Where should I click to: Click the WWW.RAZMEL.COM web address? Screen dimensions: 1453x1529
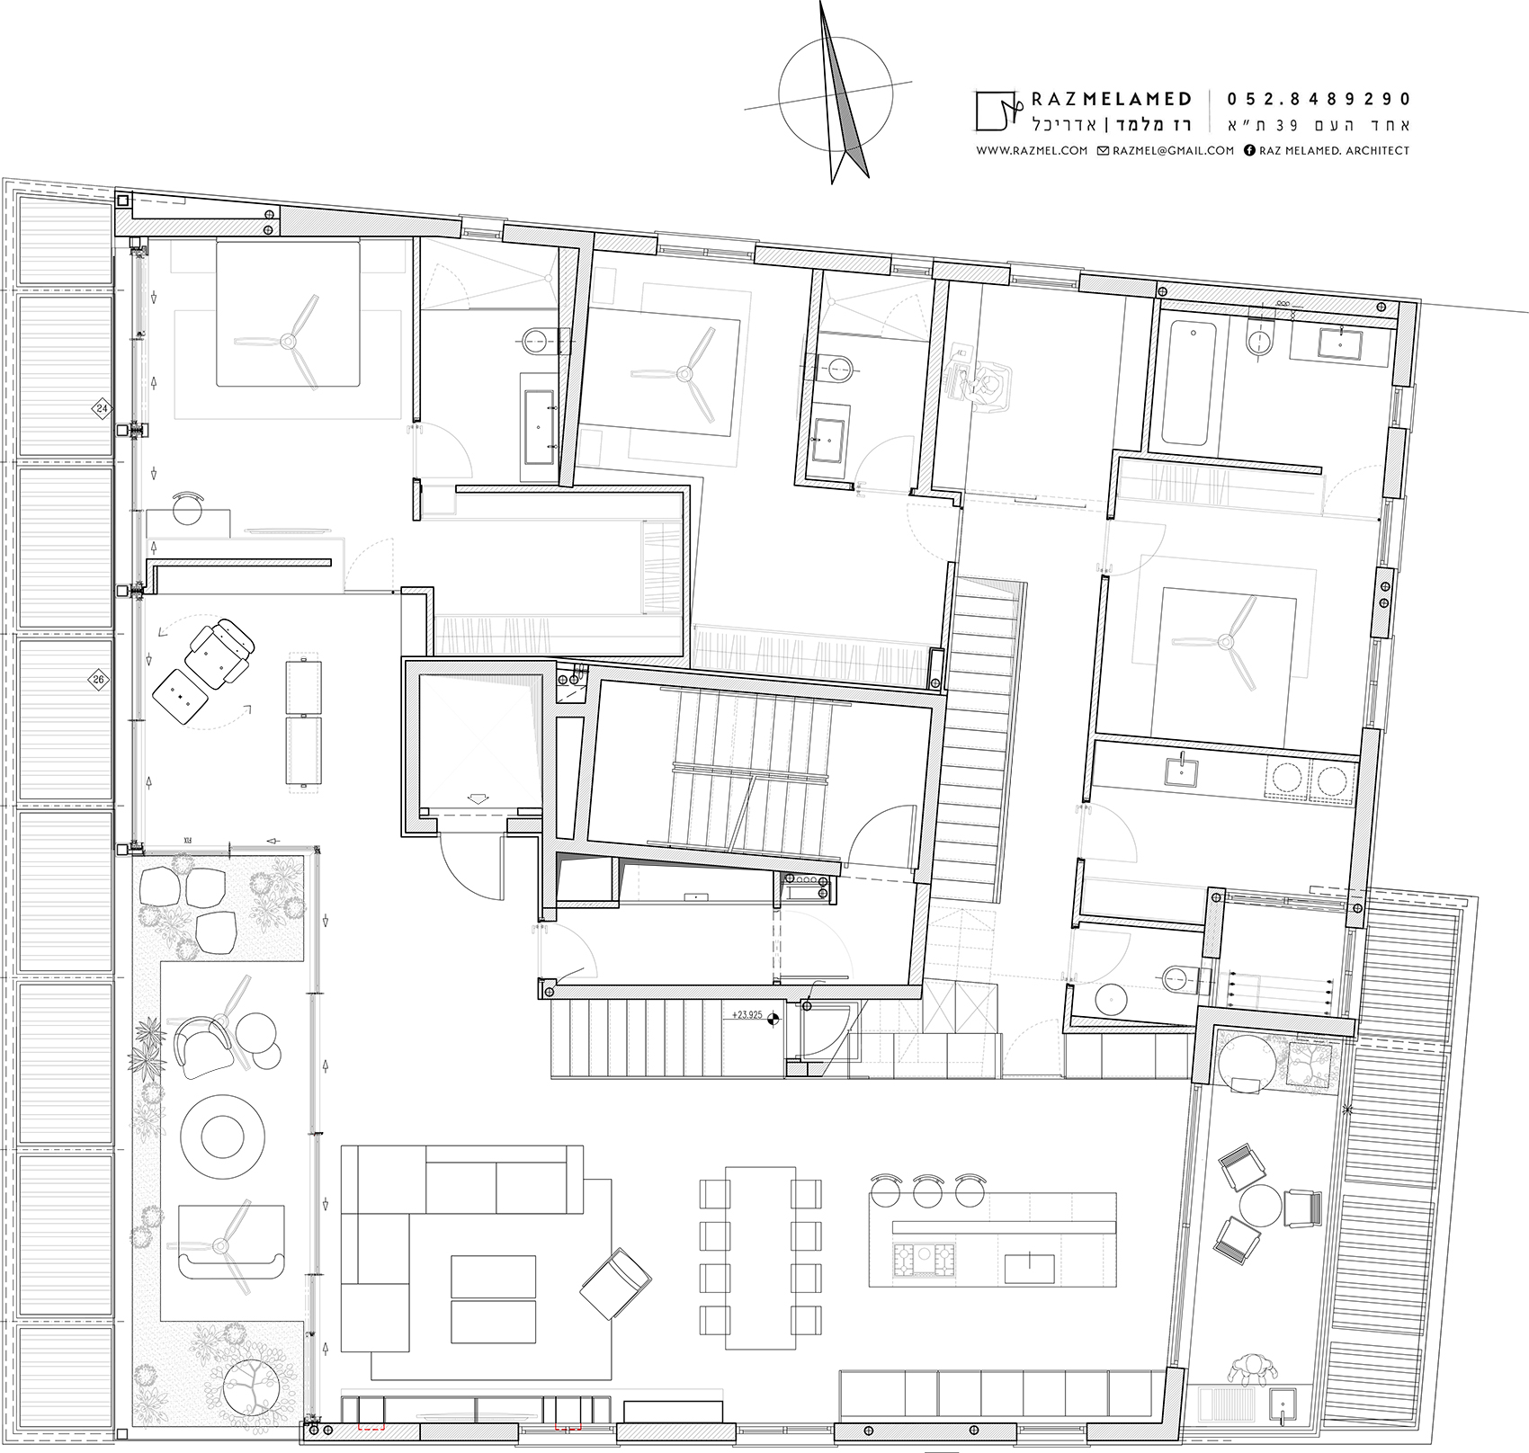[x=1032, y=151]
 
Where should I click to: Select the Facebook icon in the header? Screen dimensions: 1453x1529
[x=1249, y=151]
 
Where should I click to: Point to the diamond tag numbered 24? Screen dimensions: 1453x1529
[x=102, y=409]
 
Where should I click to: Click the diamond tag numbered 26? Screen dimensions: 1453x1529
[x=98, y=680]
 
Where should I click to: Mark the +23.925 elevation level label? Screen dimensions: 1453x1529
[x=747, y=1015]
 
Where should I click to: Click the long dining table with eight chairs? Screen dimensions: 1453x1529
[x=761, y=1257]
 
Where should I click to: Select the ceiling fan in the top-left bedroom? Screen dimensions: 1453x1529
[x=290, y=341]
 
